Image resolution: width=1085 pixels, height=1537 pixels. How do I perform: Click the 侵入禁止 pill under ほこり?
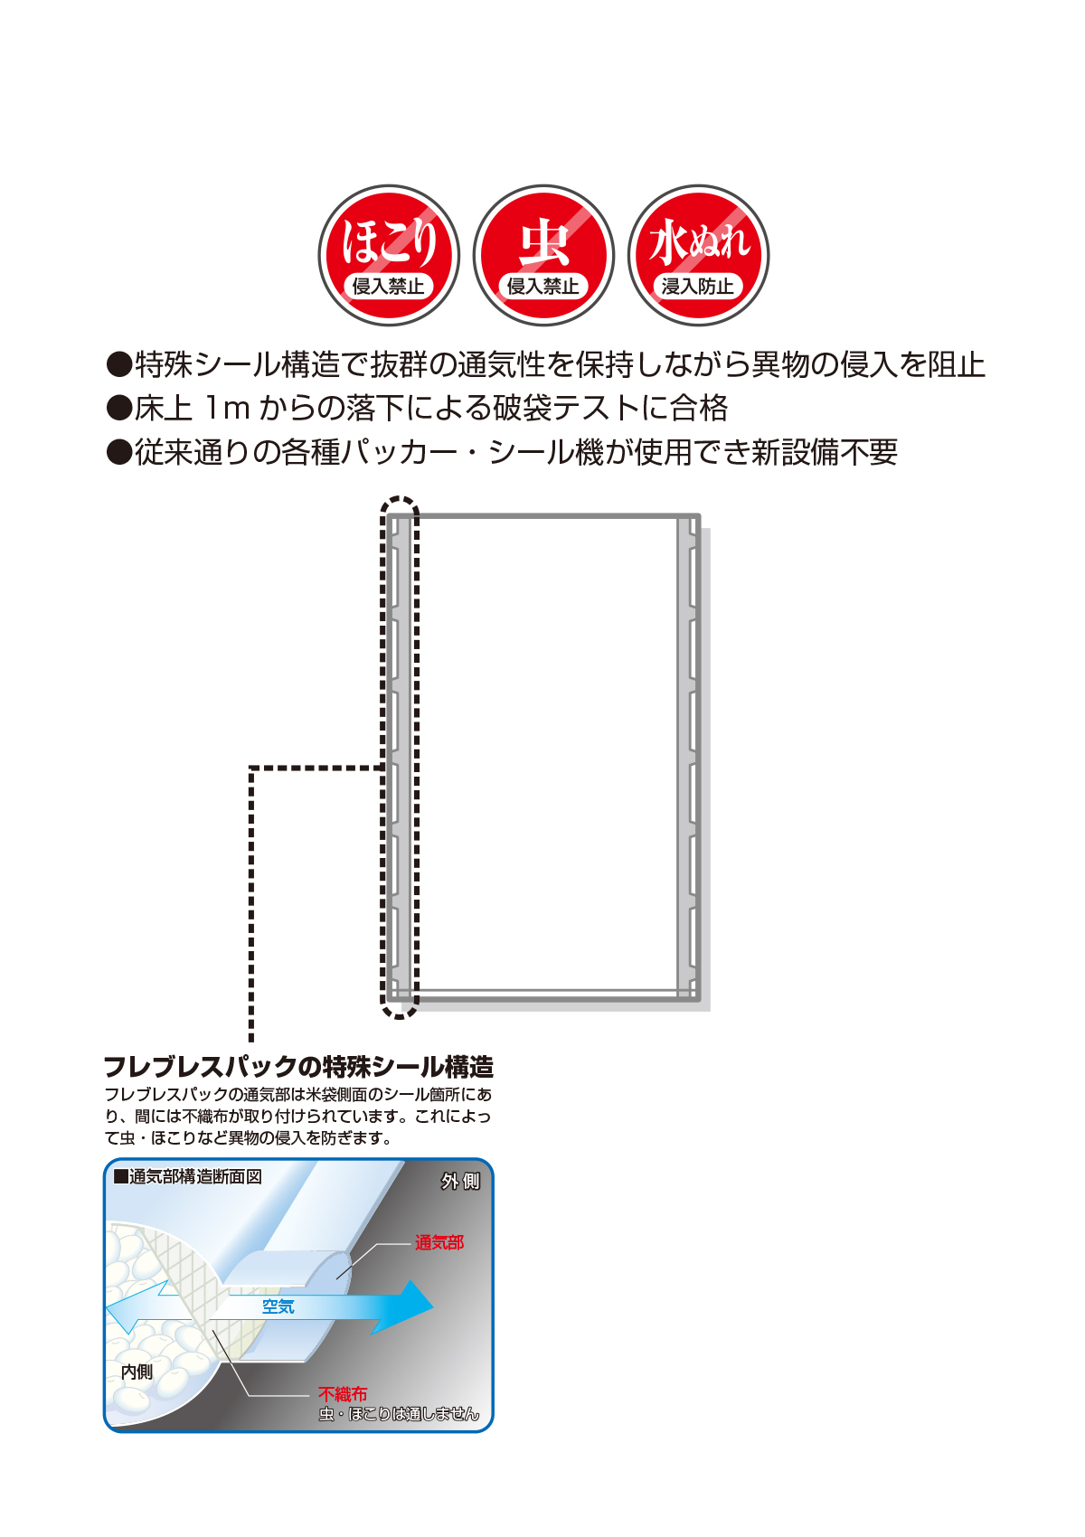pyautogui.click(x=388, y=287)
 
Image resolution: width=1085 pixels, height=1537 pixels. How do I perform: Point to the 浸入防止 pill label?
pyautogui.click(x=697, y=287)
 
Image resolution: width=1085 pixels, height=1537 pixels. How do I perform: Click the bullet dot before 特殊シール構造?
pyautogui.click(x=119, y=365)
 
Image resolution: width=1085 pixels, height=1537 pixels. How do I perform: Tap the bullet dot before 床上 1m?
pyautogui.click(x=119, y=409)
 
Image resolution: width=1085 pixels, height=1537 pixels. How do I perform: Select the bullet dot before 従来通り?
pyautogui.click(x=119, y=452)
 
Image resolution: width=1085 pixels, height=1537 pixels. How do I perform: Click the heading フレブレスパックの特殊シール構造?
pyautogui.click(x=298, y=1067)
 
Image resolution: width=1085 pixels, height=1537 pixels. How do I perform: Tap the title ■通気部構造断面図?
pyautogui.click(x=188, y=1176)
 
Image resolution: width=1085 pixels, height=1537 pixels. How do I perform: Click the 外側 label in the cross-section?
pyautogui.click(x=460, y=1182)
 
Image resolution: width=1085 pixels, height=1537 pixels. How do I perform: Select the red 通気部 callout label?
pyautogui.click(x=439, y=1243)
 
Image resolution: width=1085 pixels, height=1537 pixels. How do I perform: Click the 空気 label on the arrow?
pyautogui.click(x=278, y=1306)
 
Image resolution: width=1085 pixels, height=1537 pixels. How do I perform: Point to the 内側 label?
pyautogui.click(x=137, y=1372)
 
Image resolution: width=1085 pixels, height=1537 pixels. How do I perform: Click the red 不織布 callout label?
pyautogui.click(x=343, y=1394)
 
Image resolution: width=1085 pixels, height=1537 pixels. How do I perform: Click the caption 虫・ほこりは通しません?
pyautogui.click(x=399, y=1414)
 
